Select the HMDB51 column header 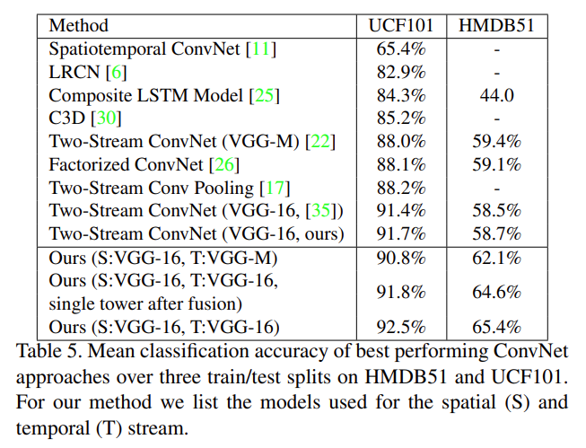(x=496, y=25)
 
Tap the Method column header (x=78, y=25)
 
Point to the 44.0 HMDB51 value (x=496, y=95)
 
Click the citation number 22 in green (x=317, y=142)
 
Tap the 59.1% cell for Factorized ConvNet (x=496, y=165)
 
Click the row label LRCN (x=69, y=72)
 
